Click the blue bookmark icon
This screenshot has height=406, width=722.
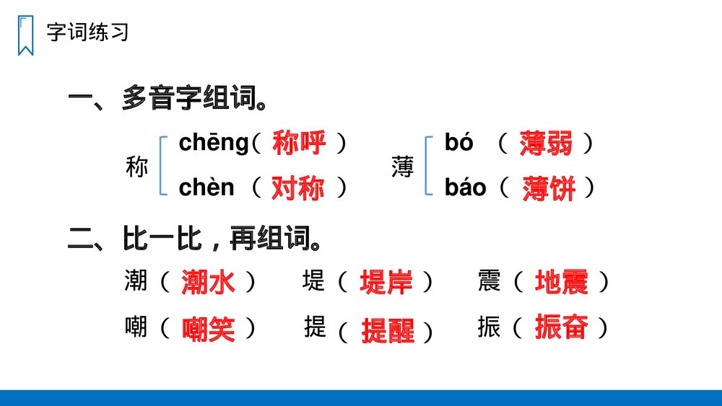pyautogui.click(x=26, y=35)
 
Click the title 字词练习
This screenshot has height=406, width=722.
pyautogui.click(x=87, y=32)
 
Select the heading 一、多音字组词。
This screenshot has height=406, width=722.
pyautogui.click(x=167, y=98)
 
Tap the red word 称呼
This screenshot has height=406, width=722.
pyautogui.click(x=299, y=144)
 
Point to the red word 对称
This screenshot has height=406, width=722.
pyautogui.click(x=298, y=188)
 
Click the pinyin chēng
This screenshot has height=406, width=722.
pyautogui.click(x=213, y=143)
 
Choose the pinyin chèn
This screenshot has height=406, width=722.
pyautogui.click(x=206, y=187)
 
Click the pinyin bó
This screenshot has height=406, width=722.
pyautogui.click(x=458, y=143)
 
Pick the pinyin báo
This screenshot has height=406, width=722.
pyautogui.click(x=465, y=188)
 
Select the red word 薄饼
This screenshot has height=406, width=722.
pyautogui.click(x=549, y=189)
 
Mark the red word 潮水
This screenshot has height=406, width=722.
pyautogui.click(x=208, y=282)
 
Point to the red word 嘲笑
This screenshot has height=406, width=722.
pyautogui.click(x=208, y=330)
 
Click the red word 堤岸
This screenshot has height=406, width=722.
pyautogui.click(x=386, y=282)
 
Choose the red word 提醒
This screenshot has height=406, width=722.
pyautogui.click(x=388, y=331)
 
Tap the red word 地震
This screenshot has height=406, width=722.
pyautogui.click(x=561, y=282)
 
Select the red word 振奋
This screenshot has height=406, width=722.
pyautogui.click(x=561, y=327)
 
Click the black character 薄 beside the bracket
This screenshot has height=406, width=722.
pyautogui.click(x=402, y=167)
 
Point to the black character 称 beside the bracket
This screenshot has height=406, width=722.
pyautogui.click(x=136, y=167)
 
